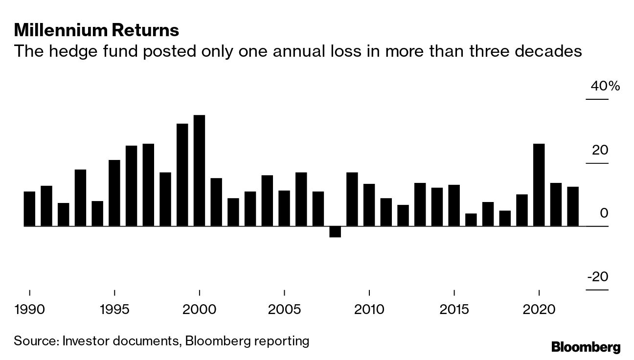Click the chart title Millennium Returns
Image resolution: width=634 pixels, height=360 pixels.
(96, 30)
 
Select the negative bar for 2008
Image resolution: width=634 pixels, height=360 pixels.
(335, 232)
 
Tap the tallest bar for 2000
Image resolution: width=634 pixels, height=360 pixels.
(199, 171)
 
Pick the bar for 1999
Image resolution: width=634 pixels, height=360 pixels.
(182, 175)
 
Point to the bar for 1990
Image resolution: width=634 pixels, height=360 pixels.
(29, 209)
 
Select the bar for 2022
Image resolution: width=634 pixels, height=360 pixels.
(573, 206)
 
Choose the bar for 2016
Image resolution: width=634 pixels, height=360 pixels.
(471, 220)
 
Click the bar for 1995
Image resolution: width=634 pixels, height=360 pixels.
(114, 193)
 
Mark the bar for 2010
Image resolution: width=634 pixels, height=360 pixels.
(369, 205)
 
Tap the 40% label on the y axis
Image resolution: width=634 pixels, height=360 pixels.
(605, 87)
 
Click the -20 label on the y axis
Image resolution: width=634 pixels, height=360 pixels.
(597, 277)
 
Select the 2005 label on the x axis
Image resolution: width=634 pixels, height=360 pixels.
(284, 310)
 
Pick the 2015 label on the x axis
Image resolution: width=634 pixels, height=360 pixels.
(454, 310)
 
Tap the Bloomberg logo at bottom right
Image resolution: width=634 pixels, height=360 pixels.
(586, 347)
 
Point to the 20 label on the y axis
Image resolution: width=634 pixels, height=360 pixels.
(600, 150)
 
